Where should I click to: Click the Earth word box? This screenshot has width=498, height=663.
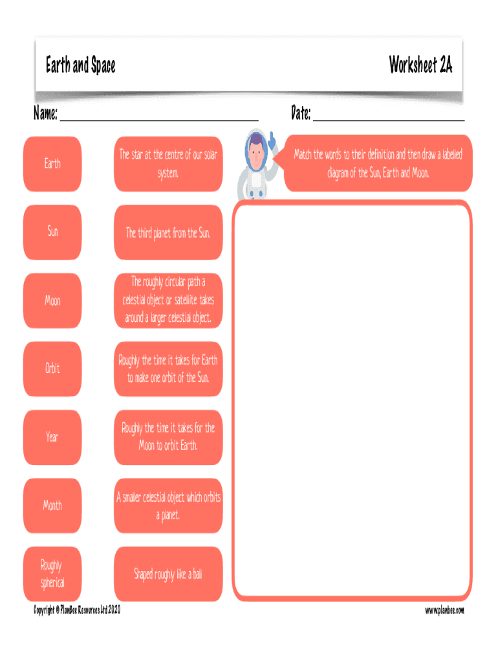click(x=52, y=164)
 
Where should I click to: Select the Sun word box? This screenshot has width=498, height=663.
click(x=52, y=232)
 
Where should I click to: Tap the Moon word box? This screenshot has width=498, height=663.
click(x=52, y=300)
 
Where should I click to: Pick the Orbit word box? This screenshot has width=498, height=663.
click(x=52, y=368)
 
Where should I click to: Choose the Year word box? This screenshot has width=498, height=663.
click(x=52, y=437)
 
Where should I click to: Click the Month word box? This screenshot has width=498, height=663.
click(x=52, y=506)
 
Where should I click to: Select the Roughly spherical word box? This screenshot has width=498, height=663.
click(x=52, y=574)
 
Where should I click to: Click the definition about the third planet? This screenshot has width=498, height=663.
click(x=168, y=232)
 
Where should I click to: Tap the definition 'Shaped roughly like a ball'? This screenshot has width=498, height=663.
click(x=168, y=574)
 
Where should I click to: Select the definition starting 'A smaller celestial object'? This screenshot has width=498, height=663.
click(x=168, y=506)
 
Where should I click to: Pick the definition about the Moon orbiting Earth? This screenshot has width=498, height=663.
click(x=168, y=437)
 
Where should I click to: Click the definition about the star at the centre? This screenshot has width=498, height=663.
click(x=168, y=164)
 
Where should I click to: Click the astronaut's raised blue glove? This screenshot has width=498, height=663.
click(x=272, y=140)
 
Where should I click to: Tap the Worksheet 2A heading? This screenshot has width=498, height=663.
click(x=420, y=65)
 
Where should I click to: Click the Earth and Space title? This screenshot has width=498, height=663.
click(x=80, y=65)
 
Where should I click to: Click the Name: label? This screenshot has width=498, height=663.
click(x=45, y=113)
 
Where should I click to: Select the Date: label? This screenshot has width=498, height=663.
click(x=301, y=113)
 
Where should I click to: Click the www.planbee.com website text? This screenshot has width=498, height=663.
click(x=444, y=610)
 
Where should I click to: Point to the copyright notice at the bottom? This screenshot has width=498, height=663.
click(x=77, y=610)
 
